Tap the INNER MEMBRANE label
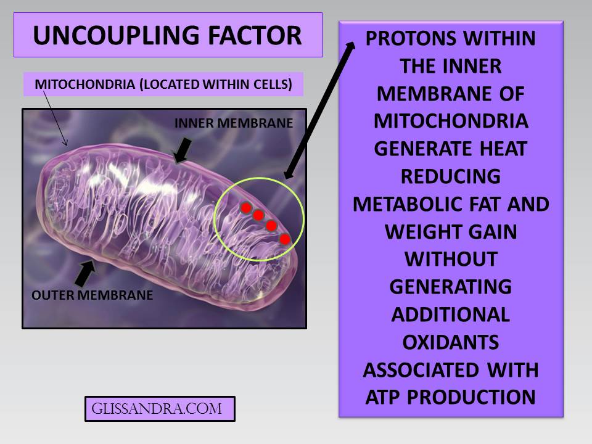233,123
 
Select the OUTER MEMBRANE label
92,295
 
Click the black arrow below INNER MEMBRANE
183,150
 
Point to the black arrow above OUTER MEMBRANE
86,271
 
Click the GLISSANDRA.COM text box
160,408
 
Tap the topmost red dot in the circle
245,207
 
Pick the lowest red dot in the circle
284,239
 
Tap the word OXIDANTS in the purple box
451,342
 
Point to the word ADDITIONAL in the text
451,314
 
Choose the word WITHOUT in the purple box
451,259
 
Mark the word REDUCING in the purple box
451,176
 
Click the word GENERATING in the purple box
451,287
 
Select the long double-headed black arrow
320,110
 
